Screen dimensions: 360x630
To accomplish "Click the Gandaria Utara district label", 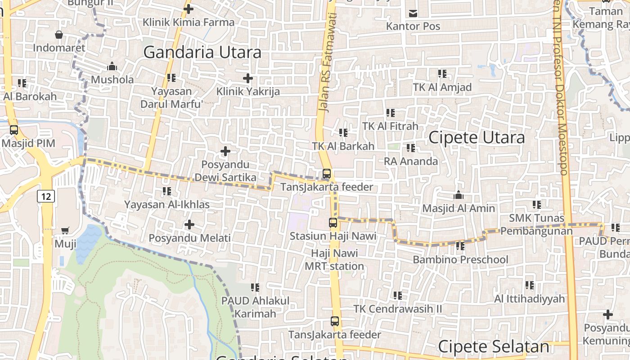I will coord(202,53).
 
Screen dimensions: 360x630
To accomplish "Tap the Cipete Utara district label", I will coord(477,138).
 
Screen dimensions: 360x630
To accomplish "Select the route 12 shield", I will coord(46,196).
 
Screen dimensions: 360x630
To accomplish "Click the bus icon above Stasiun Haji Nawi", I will coord(333,222).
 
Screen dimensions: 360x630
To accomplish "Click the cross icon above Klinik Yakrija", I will coord(248,78).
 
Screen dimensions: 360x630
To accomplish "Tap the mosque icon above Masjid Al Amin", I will coord(459,195).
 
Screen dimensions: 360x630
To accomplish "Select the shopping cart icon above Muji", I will coord(65,231).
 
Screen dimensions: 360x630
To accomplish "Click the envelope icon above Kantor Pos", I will coord(413,13).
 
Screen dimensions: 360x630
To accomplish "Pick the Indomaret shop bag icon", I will coord(59,35).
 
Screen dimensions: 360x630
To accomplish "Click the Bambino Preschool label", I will coord(460,260).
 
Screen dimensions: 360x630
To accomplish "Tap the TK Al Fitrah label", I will coord(390,126).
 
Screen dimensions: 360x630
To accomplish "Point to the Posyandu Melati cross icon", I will coord(189,224).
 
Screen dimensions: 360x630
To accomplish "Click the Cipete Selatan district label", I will coord(493,347).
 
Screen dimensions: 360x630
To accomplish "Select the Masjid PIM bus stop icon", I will coord(14,130).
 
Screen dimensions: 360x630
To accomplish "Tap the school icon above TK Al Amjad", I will coord(442,73).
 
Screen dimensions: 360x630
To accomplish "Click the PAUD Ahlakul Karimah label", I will coord(255,307).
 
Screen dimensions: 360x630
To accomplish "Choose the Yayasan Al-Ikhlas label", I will coord(167,205).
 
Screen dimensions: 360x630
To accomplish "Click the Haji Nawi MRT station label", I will coord(334,260).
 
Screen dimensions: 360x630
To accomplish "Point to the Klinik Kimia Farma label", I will coord(189,22).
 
